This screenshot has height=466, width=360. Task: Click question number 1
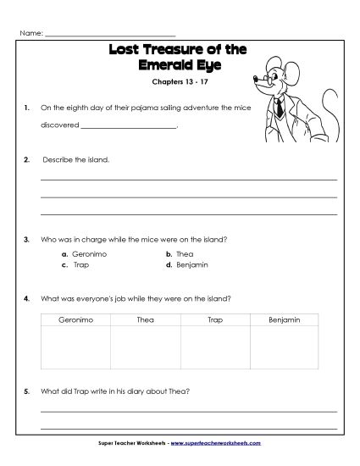click(27, 108)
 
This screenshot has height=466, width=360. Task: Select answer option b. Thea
click(180, 253)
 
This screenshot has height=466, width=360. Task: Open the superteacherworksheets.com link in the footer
click(219, 443)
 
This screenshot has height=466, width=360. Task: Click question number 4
click(27, 298)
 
